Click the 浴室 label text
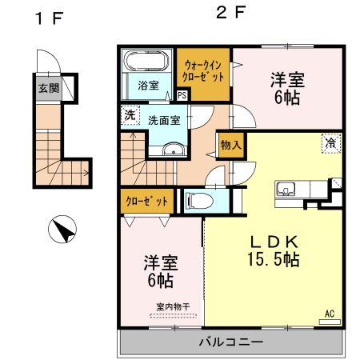tap(148, 86)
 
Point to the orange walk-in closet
tap(203, 72)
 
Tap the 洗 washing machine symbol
tap(130, 115)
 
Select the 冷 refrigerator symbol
tap(330, 143)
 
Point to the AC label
tap(329, 314)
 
